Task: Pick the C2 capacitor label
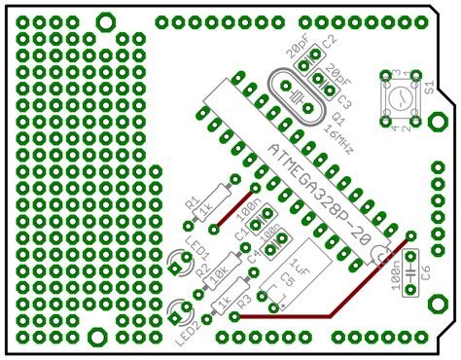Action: click(x=329, y=44)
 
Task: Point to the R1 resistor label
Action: click(x=191, y=201)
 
